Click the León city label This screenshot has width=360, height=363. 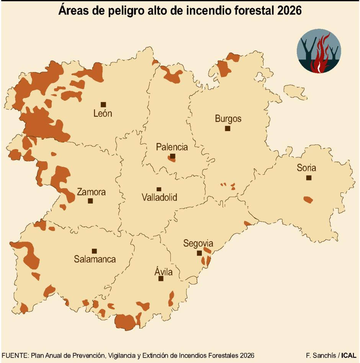(x=103, y=113)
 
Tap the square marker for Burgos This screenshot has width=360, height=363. (x=227, y=128)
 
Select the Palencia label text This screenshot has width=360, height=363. (x=172, y=147)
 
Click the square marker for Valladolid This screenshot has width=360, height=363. (x=159, y=189)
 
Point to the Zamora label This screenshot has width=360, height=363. (x=91, y=192)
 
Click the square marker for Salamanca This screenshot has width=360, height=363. (x=94, y=251)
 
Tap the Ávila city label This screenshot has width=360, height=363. (x=164, y=272)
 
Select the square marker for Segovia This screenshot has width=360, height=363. (x=199, y=253)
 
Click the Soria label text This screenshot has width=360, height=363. (x=306, y=168)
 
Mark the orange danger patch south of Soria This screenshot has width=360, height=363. (x=308, y=200)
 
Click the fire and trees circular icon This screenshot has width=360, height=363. (x=319, y=51)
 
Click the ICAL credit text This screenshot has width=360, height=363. (x=349, y=355)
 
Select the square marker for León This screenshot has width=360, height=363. (x=103, y=104)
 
